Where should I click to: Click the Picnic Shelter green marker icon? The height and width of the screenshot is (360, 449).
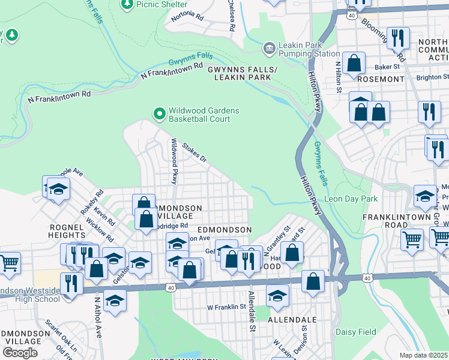(127, 4)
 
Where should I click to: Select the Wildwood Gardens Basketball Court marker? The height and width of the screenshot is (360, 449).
(159, 113)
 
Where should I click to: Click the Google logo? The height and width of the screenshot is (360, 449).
(20, 353)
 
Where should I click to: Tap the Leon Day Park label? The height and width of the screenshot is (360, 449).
(351, 199)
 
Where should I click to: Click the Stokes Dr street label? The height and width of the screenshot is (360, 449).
(194, 152)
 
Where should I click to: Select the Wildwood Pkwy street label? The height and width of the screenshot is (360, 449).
(174, 161)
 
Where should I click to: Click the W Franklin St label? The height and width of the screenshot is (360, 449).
(228, 307)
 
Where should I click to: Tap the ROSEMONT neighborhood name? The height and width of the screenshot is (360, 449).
(381, 79)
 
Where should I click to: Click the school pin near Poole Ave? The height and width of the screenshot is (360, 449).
(58, 189)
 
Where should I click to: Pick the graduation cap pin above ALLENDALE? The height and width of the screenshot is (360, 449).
(277, 295)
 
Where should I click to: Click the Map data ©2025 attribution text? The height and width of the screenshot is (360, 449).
(423, 355)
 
